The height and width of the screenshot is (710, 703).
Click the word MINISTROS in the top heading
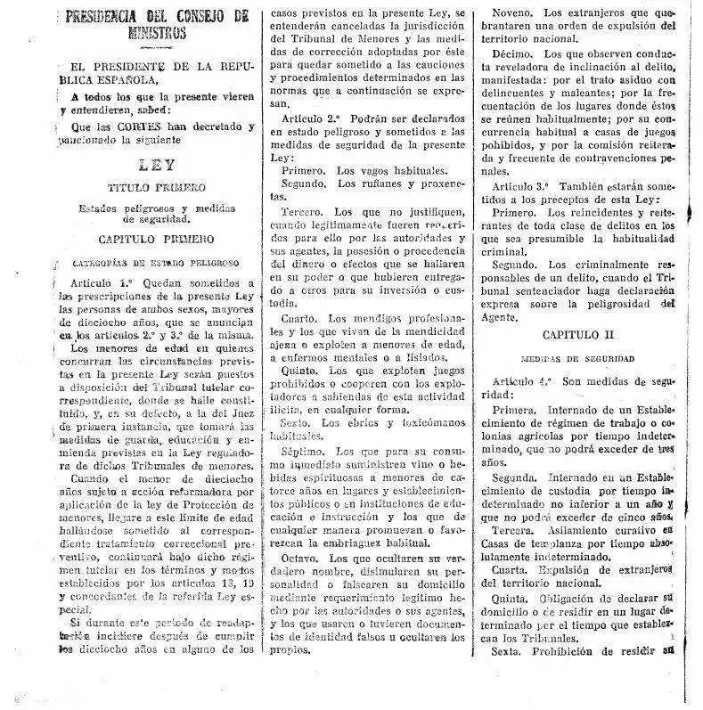click(156, 34)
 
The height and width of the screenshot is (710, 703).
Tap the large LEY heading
click(157, 165)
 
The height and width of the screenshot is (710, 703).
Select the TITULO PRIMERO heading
click(157, 189)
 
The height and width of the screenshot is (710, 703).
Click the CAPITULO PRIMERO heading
click(157, 239)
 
